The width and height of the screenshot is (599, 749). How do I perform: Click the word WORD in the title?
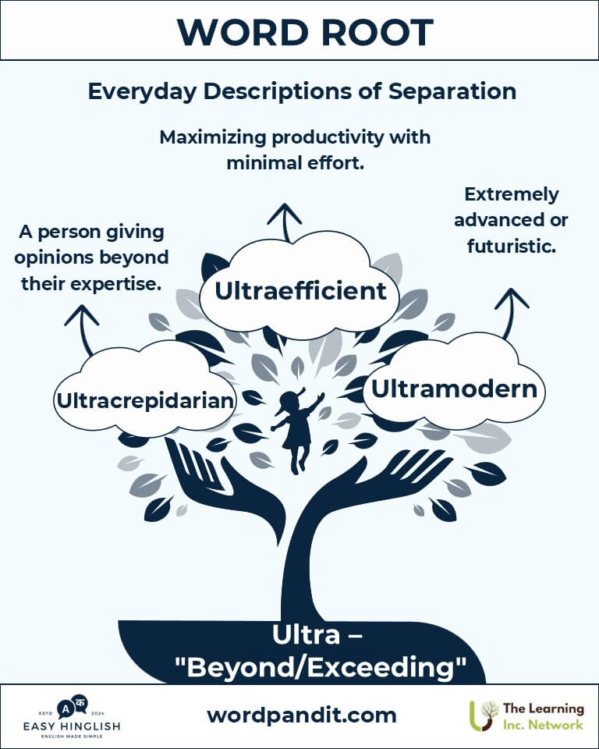point(234,33)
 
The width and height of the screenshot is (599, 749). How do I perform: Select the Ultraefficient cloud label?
point(300,291)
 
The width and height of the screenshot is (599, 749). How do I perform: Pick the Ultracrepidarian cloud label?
point(145,400)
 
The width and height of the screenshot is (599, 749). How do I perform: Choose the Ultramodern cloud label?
point(454,388)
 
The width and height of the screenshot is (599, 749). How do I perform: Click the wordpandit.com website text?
point(301,715)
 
